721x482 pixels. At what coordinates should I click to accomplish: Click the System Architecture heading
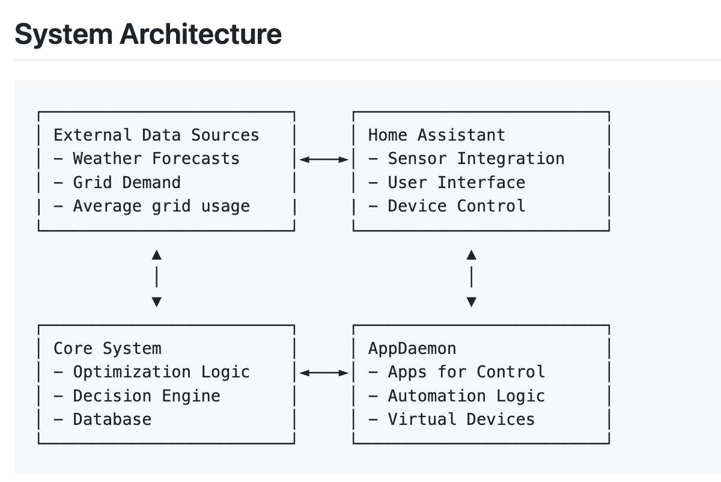pyautogui.click(x=148, y=35)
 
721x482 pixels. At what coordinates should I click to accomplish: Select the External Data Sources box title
pyautogui.click(x=156, y=135)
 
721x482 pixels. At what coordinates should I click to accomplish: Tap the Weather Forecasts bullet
pyautogui.click(x=147, y=159)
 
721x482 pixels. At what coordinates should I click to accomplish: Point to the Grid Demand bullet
pyautogui.click(x=117, y=183)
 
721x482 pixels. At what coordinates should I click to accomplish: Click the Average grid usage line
pyautogui.click(x=151, y=207)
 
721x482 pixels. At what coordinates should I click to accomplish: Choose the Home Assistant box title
pyautogui.click(x=437, y=135)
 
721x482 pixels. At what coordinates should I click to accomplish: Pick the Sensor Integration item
pyautogui.click(x=466, y=159)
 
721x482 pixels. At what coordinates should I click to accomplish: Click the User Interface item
pyautogui.click(x=447, y=183)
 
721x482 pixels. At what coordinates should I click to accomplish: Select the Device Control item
pyautogui.click(x=447, y=206)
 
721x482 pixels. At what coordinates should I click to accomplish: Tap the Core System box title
pyautogui.click(x=108, y=349)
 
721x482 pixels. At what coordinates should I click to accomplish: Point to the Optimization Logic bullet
pyautogui.click(x=151, y=373)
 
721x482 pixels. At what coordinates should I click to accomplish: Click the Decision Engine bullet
pyautogui.click(x=137, y=396)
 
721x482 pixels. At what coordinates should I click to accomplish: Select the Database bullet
pyautogui.click(x=102, y=419)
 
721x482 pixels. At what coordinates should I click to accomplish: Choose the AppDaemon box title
pyautogui.click(x=412, y=349)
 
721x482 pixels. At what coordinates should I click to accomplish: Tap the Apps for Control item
pyautogui.click(x=457, y=373)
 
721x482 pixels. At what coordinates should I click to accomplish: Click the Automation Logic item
pyautogui.click(x=457, y=396)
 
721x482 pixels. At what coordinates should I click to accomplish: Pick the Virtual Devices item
pyautogui.click(x=452, y=419)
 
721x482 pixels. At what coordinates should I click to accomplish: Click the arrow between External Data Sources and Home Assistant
pyautogui.click(x=324, y=159)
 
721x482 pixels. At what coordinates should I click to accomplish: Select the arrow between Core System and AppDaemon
pyautogui.click(x=324, y=373)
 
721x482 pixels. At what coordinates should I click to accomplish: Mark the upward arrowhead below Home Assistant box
pyautogui.click(x=472, y=255)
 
